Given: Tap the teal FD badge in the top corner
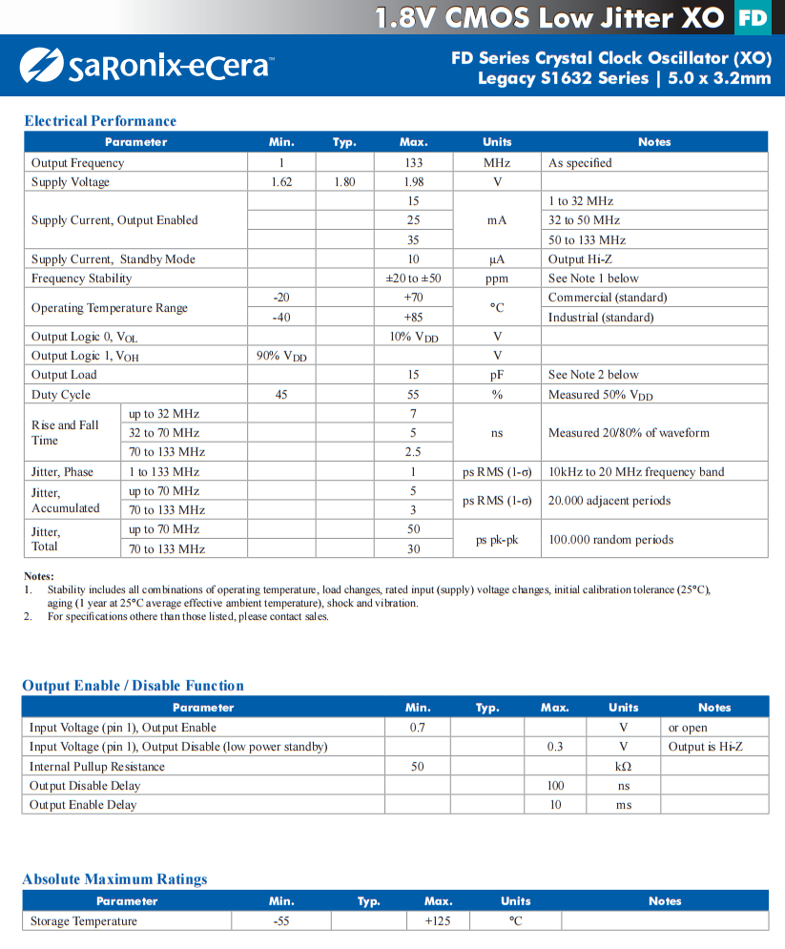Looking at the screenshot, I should (754, 17).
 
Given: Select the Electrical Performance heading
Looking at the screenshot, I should (100, 121).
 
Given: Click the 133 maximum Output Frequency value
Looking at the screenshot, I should (413, 163).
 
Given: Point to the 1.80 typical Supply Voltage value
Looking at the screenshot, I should (344, 182).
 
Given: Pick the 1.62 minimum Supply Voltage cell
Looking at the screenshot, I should (281, 182).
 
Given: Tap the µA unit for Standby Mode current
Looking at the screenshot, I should (497, 259).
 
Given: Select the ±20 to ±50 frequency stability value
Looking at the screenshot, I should (413, 279).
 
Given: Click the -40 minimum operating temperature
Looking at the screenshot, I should (281, 318).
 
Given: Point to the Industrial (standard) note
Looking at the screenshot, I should (601, 318).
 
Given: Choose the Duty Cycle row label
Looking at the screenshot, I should (61, 395).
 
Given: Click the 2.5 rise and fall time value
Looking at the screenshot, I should (413, 452).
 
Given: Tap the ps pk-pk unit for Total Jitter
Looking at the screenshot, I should (497, 540).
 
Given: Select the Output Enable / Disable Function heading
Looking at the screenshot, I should (133, 686).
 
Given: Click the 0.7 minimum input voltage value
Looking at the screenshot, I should (418, 728).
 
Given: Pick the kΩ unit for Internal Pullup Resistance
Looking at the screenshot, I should (624, 767).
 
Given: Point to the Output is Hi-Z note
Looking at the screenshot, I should (705, 747).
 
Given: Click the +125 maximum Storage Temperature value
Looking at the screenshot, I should (438, 921).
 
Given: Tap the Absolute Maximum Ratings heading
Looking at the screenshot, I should (114, 879).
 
